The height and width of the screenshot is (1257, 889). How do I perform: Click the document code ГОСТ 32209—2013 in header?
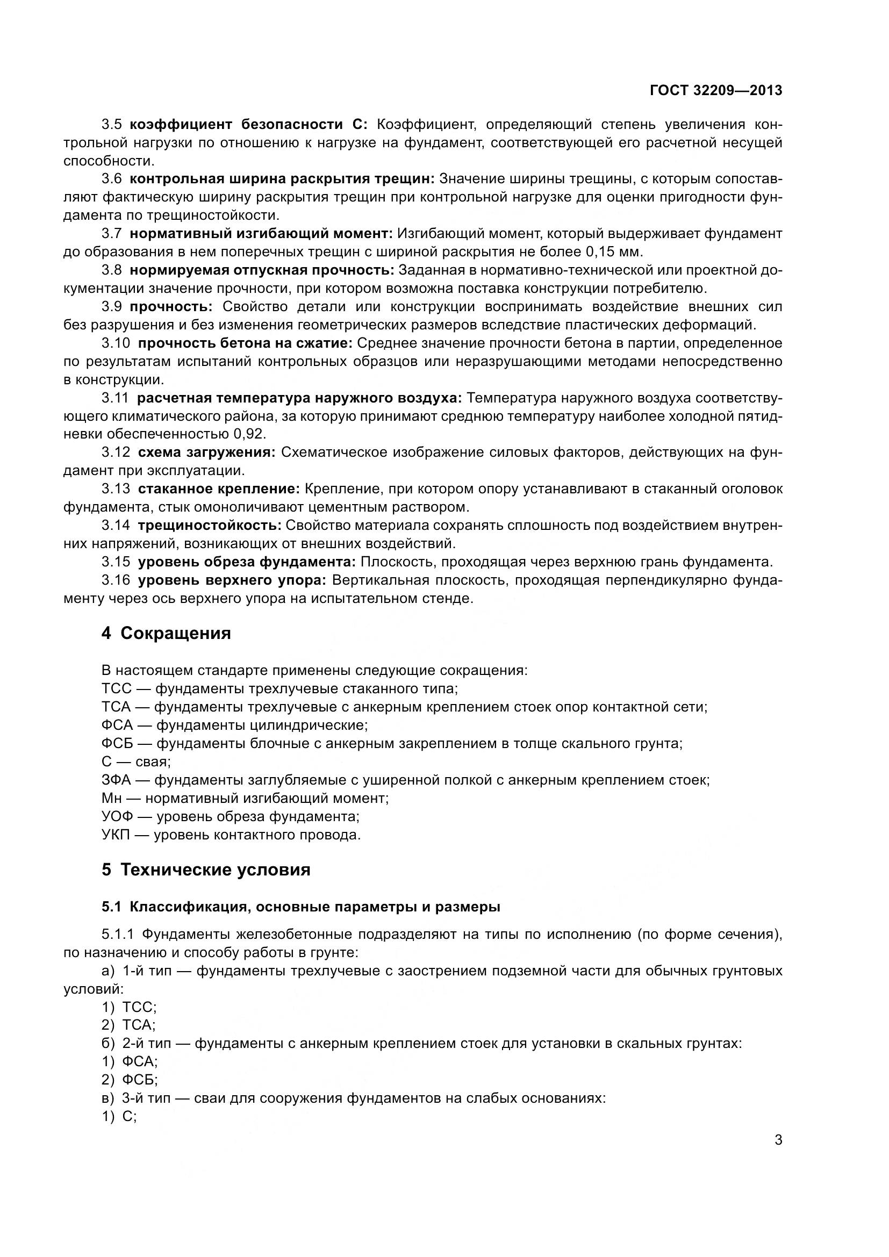point(715,91)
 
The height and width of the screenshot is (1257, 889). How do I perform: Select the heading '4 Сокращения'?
point(166,634)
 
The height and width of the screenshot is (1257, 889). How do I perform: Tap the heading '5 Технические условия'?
point(206,870)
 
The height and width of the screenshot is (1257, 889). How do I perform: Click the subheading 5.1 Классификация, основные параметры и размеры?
point(300,907)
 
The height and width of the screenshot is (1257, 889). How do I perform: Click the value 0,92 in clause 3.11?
point(249,434)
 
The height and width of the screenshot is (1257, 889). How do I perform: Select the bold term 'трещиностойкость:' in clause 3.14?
point(209,526)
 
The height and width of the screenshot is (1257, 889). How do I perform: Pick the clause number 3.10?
point(116,343)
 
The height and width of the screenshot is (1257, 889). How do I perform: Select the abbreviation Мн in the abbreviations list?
point(112,798)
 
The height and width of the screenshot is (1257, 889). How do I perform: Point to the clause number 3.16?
point(116,580)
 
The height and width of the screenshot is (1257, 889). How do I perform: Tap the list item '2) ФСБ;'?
point(130,1080)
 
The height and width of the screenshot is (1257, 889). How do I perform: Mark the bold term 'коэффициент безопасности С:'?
point(249,125)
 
